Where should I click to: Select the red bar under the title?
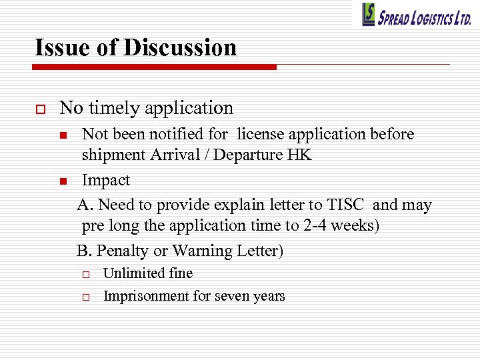[154, 67]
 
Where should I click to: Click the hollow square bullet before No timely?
[39, 108]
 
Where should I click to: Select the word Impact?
[106, 180]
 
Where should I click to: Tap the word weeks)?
[356, 226]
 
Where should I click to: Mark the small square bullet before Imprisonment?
[86, 297]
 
